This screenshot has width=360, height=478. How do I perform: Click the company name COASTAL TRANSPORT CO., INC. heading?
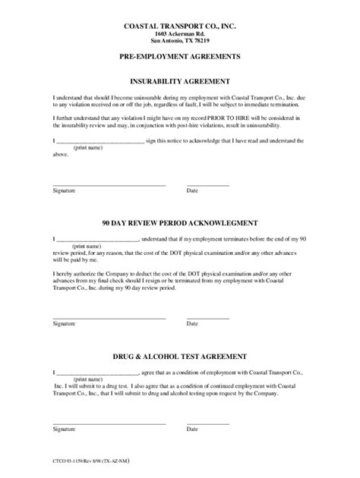[x=180, y=26]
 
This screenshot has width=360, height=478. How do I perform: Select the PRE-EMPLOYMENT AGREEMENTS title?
[x=180, y=58]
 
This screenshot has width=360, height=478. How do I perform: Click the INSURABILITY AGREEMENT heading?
[x=180, y=80]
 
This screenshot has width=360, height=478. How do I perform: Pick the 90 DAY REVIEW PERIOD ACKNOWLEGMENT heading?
[x=180, y=224]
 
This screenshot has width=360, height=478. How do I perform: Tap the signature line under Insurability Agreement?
[x=109, y=184]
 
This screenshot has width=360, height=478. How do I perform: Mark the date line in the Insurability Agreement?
[x=207, y=184]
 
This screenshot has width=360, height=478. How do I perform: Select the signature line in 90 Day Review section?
[x=109, y=317]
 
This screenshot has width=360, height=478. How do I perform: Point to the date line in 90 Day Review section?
[x=207, y=317]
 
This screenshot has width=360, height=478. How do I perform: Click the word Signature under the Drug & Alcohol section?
[x=64, y=429]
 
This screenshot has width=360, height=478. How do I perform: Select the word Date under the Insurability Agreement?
[x=192, y=191]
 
